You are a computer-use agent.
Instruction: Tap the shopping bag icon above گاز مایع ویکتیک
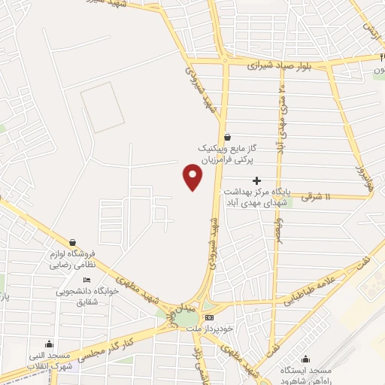[x=228, y=136]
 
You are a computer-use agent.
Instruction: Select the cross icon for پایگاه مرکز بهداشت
[x=257, y=180]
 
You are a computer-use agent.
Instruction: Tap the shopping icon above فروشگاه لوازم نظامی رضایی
[x=72, y=242]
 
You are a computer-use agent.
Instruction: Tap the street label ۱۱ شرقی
[x=317, y=196]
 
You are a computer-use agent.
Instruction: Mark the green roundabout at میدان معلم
[x=186, y=318]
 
